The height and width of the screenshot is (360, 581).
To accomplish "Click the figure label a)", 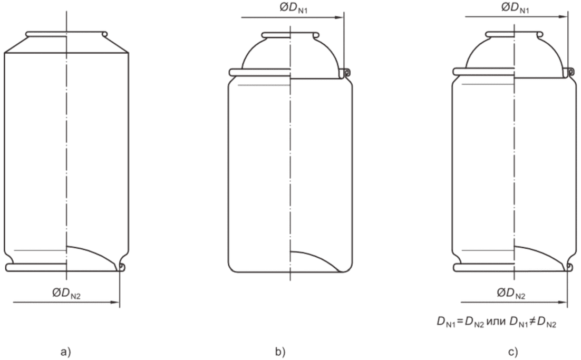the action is [65, 352].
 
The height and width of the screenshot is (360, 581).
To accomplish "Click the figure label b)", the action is [280, 352].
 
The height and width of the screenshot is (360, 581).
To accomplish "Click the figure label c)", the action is [513, 352].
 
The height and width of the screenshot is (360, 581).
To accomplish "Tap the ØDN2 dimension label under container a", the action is [66, 294].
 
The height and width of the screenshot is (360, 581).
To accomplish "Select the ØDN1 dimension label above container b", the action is [293, 8].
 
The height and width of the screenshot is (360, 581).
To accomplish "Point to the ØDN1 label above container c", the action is [515, 8].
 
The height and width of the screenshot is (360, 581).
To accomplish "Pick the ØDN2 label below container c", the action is [511, 294].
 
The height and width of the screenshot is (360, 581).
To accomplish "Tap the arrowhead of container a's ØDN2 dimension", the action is [115, 303].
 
